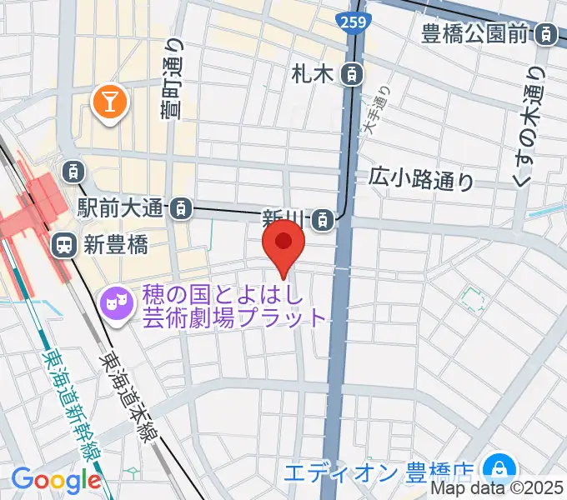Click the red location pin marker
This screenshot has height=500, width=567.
pos(283,245)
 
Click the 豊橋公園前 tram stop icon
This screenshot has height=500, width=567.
pos(546,35)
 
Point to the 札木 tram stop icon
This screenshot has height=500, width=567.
pos(353,74)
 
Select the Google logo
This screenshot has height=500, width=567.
pos(56,480)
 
